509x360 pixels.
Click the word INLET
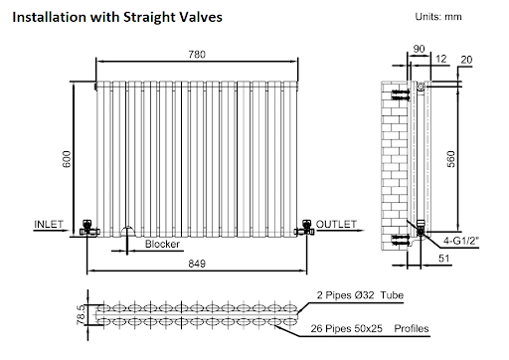coord(49,222)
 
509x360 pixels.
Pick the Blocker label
coord(161,245)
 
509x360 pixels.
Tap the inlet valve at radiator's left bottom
coord(87,227)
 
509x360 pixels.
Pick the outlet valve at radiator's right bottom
coord(306,227)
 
